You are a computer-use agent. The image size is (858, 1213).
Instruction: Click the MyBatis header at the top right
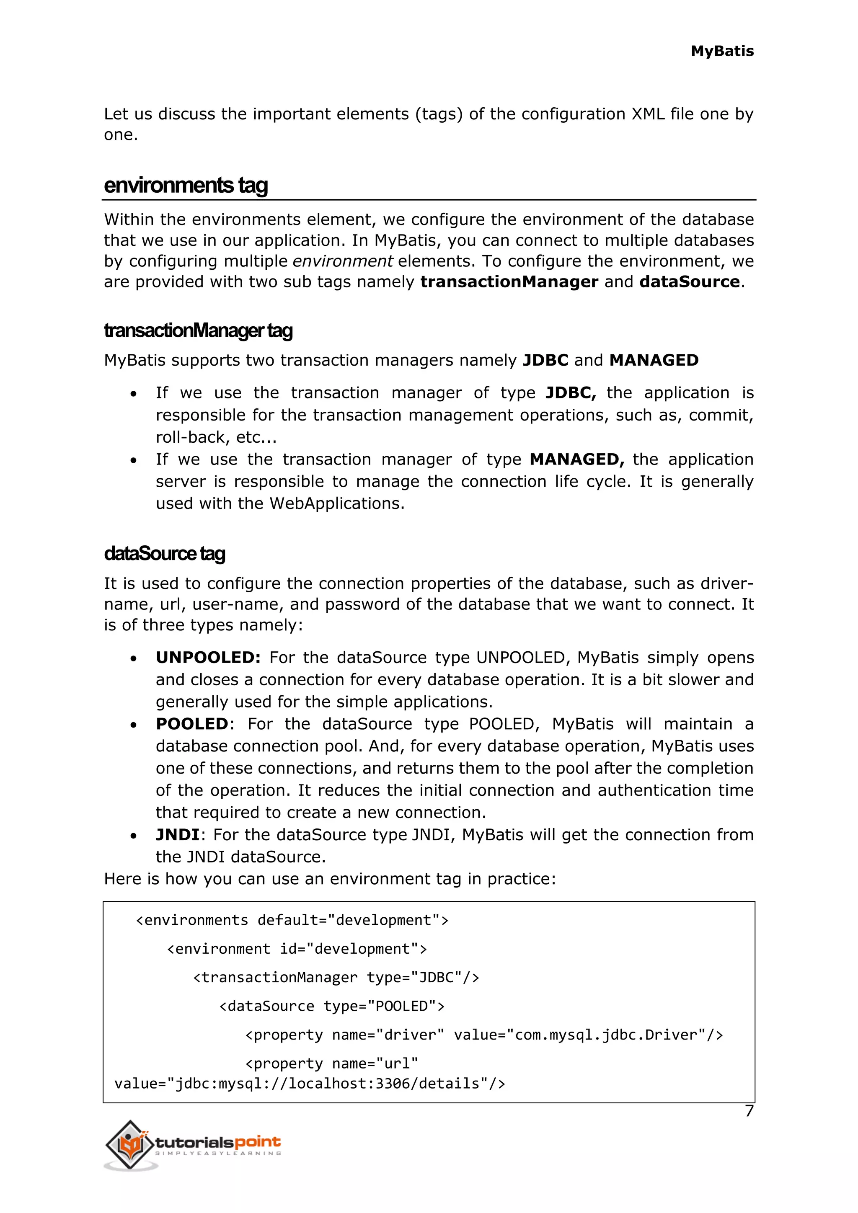(x=722, y=51)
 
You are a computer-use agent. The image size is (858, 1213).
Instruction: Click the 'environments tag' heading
(x=186, y=186)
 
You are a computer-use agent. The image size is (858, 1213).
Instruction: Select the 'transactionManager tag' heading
(x=198, y=331)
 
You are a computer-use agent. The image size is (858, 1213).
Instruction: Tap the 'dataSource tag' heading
(x=164, y=554)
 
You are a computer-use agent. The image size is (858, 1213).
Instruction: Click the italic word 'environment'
(x=342, y=261)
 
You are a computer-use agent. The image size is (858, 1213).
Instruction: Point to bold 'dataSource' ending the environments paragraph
(x=689, y=281)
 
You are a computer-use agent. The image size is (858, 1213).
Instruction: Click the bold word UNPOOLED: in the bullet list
(x=208, y=657)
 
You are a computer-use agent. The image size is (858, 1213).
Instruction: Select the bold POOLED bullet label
(x=192, y=724)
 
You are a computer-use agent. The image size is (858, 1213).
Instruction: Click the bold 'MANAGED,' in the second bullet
(x=577, y=459)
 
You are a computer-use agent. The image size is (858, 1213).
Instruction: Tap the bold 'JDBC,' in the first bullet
(x=571, y=392)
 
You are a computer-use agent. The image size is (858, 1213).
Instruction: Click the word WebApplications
(x=336, y=503)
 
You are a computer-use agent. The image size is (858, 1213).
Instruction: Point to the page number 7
(x=749, y=1111)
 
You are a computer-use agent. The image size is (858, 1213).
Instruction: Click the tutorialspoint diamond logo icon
(x=129, y=1144)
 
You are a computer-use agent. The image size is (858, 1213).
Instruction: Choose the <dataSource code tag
(x=267, y=1006)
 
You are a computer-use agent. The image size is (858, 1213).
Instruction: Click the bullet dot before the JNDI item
(x=134, y=836)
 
